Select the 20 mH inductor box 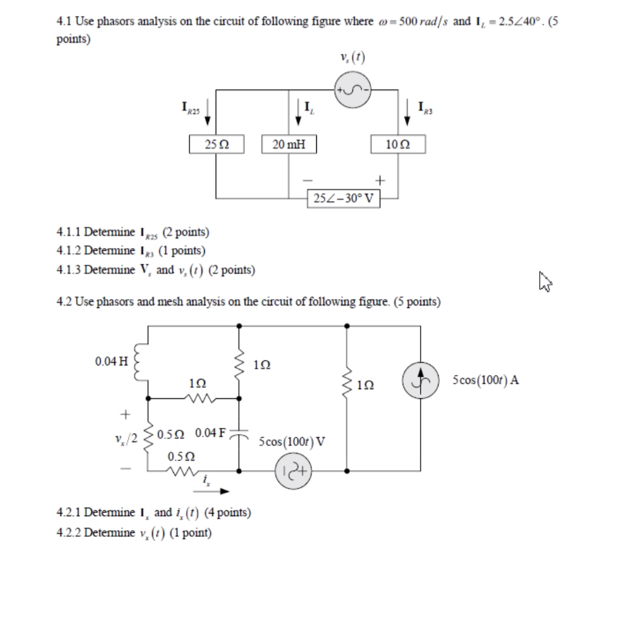coord(289,144)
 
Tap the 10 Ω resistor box coord(398,144)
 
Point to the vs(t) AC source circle coord(352,90)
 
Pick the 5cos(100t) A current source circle coord(421,380)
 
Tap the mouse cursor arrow coord(545,282)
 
